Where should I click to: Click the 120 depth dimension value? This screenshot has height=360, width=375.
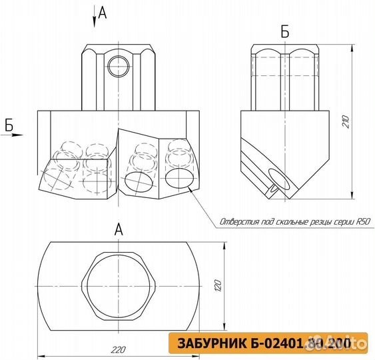point(216,287)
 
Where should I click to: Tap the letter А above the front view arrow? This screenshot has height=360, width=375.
point(102,11)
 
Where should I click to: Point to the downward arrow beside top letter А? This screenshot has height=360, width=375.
point(95,18)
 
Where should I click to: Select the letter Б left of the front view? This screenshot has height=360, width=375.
point(9,124)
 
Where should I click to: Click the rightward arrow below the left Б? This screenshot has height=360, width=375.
point(13,135)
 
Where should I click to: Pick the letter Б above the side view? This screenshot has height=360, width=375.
point(285,31)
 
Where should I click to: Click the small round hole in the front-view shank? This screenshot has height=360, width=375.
point(119,66)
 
